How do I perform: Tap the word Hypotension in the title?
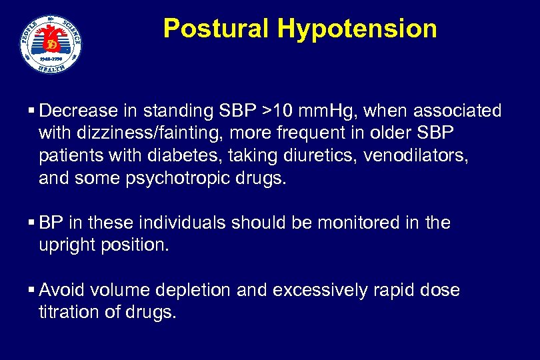point(357,29)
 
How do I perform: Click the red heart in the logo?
point(51,43)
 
